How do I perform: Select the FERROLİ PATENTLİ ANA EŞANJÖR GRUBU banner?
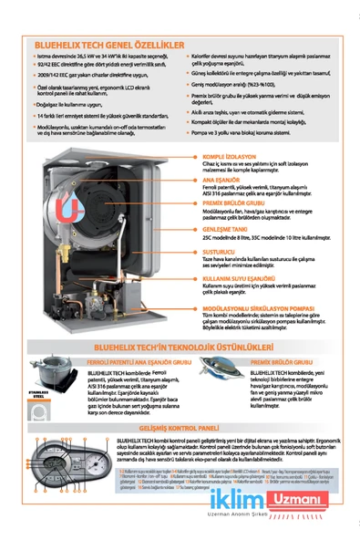pyautogui.click(x=119, y=362)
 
